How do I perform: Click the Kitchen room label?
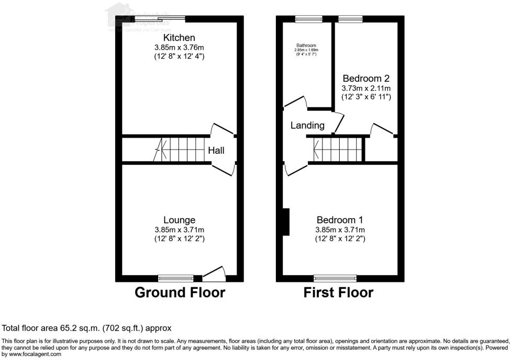[x=179, y=38]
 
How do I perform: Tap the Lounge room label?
[x=179, y=220]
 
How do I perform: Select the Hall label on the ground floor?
[x=216, y=151]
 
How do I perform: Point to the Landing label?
[x=308, y=126]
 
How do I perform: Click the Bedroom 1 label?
[x=340, y=220]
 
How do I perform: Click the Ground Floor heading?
[x=180, y=292]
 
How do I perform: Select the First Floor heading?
[x=338, y=292]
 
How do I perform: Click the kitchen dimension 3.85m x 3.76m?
[x=179, y=47]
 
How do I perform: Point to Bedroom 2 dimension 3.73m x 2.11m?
[x=366, y=88]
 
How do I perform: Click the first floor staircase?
[x=338, y=150]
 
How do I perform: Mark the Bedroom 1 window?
[x=335, y=278]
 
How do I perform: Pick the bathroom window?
[x=301, y=19]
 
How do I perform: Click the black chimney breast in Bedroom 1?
[x=286, y=221]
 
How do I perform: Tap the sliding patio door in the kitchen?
[x=159, y=19]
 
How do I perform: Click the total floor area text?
[x=87, y=329]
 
